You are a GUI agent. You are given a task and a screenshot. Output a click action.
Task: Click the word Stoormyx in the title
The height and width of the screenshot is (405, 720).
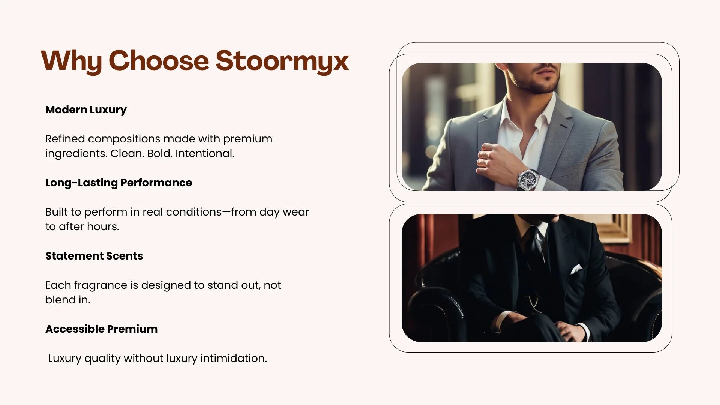click(282, 61)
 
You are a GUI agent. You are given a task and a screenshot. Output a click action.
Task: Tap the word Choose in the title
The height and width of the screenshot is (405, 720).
click(159, 60)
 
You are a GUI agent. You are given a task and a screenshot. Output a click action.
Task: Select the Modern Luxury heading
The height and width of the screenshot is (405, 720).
click(86, 110)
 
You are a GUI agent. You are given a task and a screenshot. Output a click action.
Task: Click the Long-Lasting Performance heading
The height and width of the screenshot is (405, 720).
click(118, 183)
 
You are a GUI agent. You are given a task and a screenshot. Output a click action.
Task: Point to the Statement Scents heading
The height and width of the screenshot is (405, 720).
click(94, 256)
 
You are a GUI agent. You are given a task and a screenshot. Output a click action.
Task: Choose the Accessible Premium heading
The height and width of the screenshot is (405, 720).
click(101, 329)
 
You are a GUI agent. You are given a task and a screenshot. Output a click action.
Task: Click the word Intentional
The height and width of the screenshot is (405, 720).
click(205, 154)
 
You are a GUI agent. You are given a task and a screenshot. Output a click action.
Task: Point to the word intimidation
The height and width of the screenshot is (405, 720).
click(234, 358)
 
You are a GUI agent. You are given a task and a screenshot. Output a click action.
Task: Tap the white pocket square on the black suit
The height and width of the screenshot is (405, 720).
click(576, 269)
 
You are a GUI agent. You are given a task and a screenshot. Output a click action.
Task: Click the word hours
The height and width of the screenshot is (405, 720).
click(102, 227)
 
